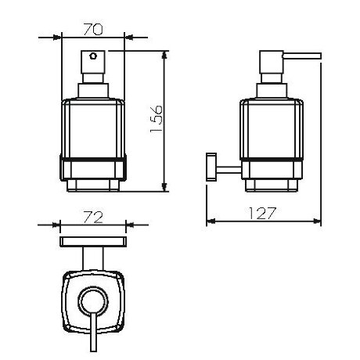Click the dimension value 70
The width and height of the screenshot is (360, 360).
(93, 30)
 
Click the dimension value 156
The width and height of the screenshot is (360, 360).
(157, 119)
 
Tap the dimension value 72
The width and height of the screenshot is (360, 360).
(93, 218)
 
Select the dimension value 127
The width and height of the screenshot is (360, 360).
(261, 213)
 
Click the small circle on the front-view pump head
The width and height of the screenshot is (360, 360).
(93, 56)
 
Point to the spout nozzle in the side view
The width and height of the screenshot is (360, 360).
(303, 56)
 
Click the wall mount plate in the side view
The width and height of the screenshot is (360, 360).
(211, 167)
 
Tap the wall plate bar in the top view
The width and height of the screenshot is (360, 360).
(93, 242)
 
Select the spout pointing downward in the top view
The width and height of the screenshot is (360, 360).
(93, 332)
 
